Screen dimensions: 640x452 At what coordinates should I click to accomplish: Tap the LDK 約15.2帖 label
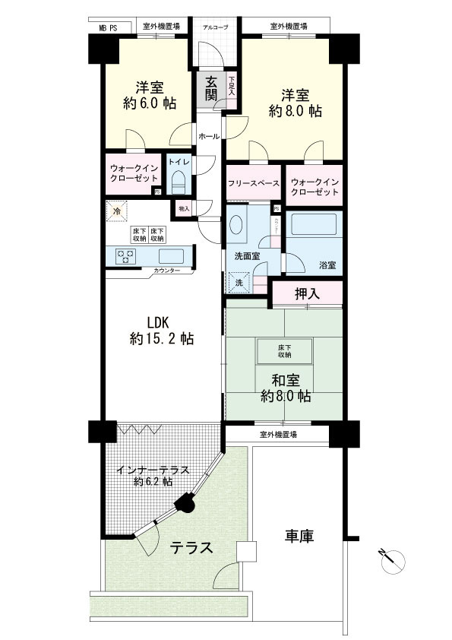pos(161,330)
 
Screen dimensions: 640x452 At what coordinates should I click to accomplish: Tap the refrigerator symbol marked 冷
pos(117,213)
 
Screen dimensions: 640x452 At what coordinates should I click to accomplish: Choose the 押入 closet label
pos(307,294)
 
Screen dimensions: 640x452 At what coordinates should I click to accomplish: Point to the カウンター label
pos(166,271)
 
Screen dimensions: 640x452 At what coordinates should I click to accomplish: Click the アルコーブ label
pos(215,27)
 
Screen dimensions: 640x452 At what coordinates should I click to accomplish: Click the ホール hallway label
pos(209,137)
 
